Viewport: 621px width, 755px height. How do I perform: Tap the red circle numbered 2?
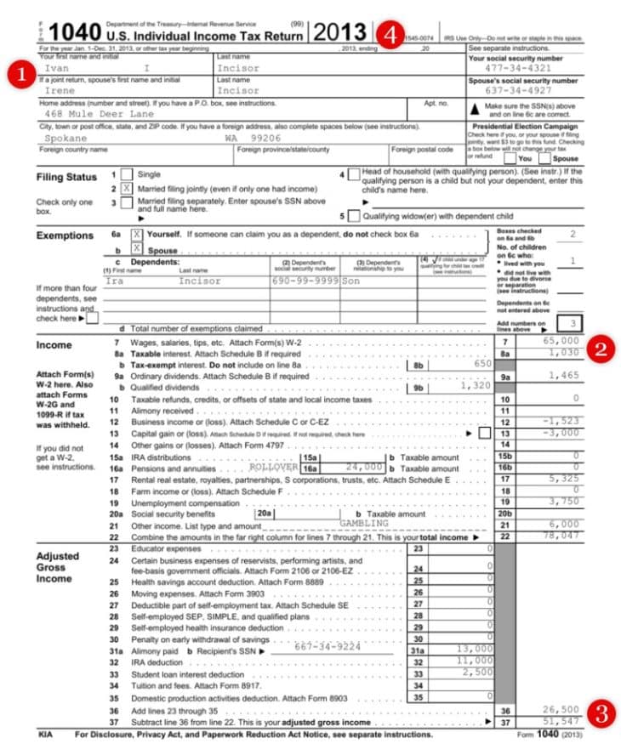pyautogui.click(x=603, y=349)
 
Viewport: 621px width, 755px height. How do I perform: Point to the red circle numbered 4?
pyautogui.click(x=390, y=35)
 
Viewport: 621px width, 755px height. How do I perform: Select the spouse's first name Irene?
pyautogui.click(x=60, y=90)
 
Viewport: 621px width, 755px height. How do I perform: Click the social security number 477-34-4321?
pyautogui.click(x=523, y=68)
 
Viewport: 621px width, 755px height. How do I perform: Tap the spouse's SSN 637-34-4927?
pyautogui.click(x=523, y=90)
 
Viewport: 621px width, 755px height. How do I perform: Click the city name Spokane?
pyautogui.click(x=66, y=138)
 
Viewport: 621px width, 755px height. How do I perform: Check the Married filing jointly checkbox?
pyautogui.click(x=126, y=188)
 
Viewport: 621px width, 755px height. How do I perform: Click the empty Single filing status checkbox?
pyautogui.click(x=126, y=174)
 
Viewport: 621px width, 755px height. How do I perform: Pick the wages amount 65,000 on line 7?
pyautogui.click(x=561, y=341)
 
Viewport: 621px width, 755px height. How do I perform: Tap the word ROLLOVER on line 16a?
pyautogui.click(x=274, y=468)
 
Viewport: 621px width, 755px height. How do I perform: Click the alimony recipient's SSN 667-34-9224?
pyautogui.click(x=328, y=647)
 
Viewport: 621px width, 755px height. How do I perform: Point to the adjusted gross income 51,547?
pyautogui.click(x=561, y=720)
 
